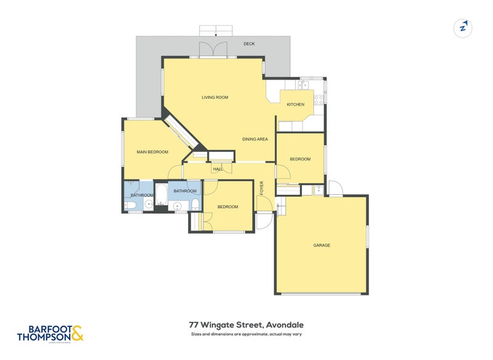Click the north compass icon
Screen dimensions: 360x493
462,27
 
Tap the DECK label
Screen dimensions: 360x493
249,44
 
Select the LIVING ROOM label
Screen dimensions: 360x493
215,97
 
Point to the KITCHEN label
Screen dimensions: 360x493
295,104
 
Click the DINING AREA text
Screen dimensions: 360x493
255,139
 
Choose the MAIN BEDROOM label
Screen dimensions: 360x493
152,152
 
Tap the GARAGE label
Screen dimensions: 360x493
322,245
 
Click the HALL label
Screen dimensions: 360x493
218,169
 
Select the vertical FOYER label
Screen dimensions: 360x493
261,187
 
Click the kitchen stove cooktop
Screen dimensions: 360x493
319,98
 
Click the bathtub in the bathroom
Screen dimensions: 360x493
161,196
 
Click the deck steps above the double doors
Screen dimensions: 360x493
215,31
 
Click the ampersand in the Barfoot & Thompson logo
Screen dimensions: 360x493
76,334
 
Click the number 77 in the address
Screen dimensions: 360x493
194,325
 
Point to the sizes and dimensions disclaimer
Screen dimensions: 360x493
246,335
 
